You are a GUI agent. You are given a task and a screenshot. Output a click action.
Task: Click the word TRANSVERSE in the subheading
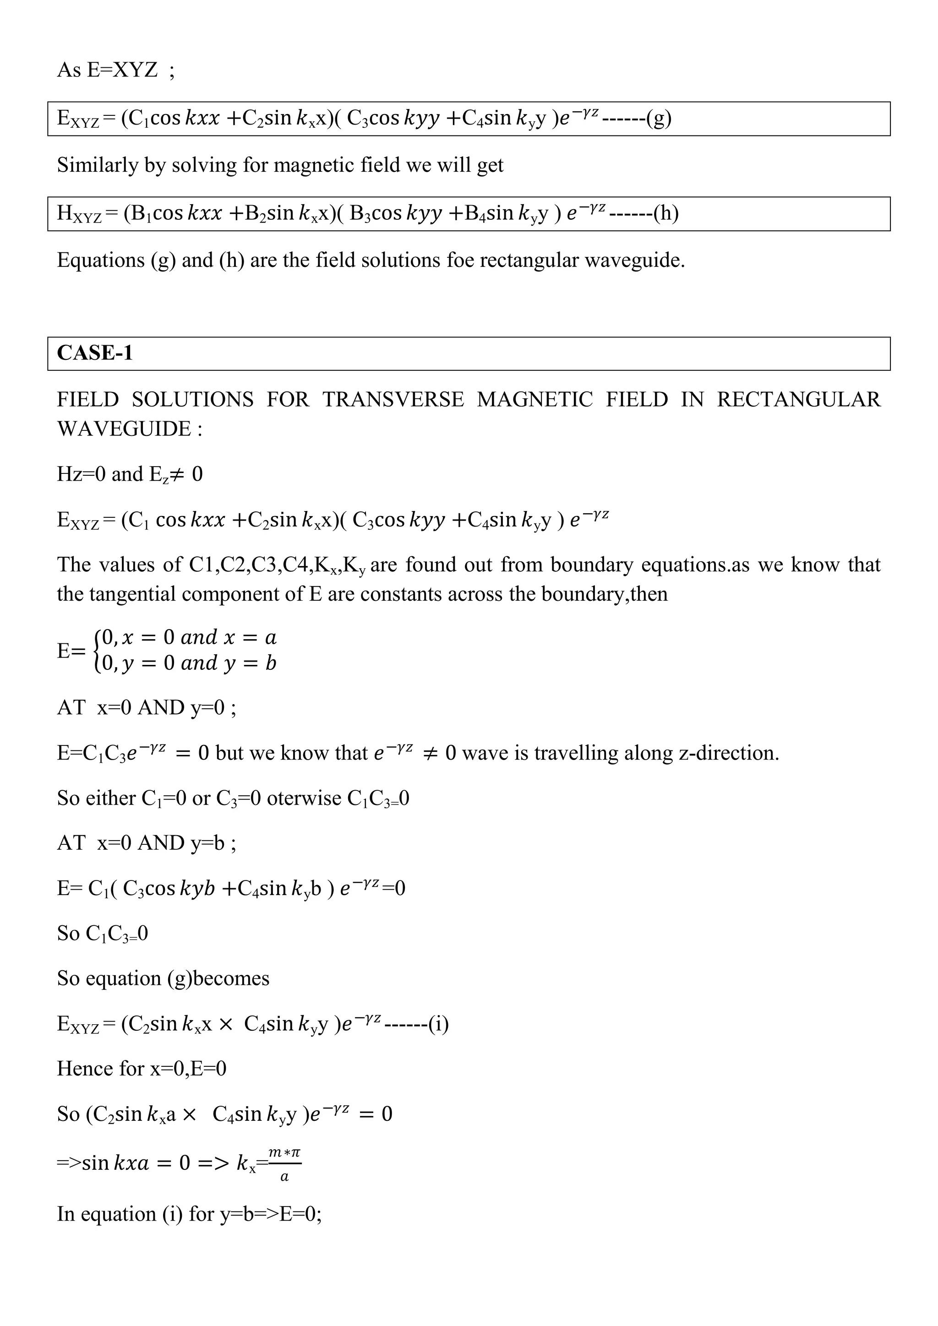click(393, 400)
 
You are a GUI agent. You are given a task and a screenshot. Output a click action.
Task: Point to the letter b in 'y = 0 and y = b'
click(271, 663)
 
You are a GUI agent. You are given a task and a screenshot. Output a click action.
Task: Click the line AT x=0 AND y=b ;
click(146, 843)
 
